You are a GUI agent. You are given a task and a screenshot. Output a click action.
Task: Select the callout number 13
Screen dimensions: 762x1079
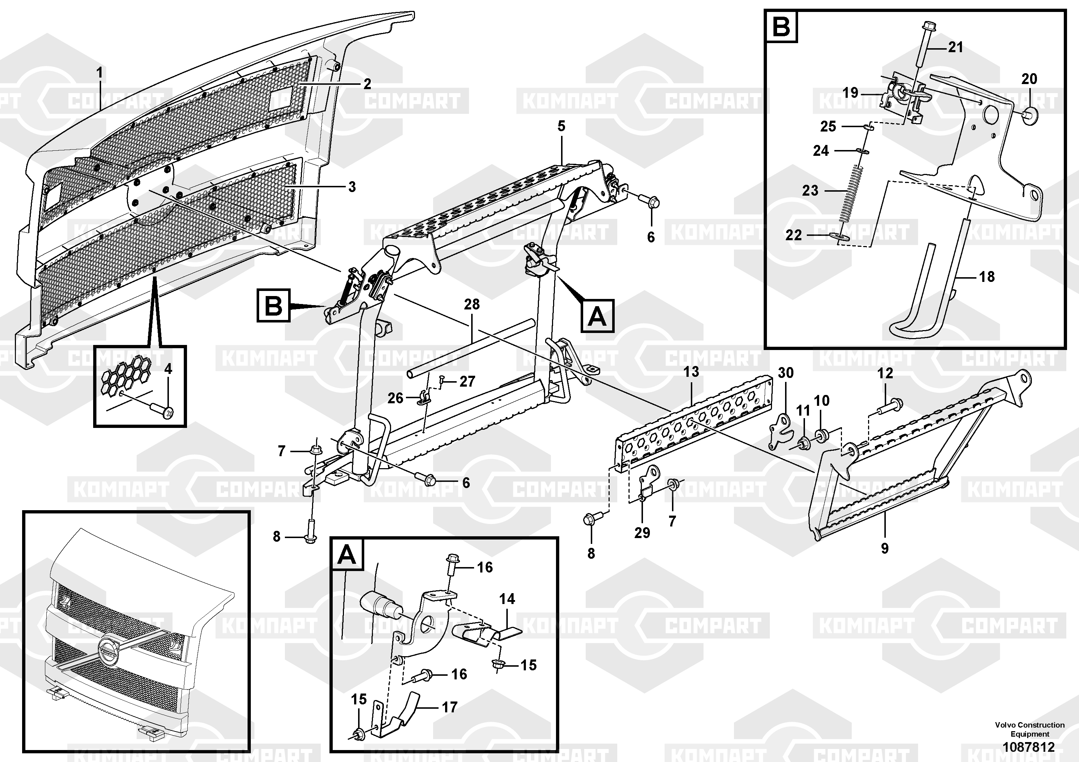click(x=691, y=372)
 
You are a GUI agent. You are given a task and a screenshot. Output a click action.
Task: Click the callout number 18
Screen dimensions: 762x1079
click(x=987, y=277)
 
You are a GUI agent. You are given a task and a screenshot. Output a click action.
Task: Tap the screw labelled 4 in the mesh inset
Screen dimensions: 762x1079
click(x=163, y=411)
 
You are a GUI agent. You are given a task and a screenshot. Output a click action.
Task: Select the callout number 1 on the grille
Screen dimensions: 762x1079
click(x=99, y=73)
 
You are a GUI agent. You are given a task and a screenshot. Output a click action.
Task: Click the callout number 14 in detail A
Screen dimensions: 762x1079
click(x=507, y=599)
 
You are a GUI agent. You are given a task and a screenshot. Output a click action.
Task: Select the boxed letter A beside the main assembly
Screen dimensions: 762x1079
click(x=597, y=316)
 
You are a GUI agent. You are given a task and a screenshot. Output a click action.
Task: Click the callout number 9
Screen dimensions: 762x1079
click(x=884, y=548)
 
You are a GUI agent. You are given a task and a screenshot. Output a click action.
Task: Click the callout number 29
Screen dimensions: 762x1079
click(x=642, y=533)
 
